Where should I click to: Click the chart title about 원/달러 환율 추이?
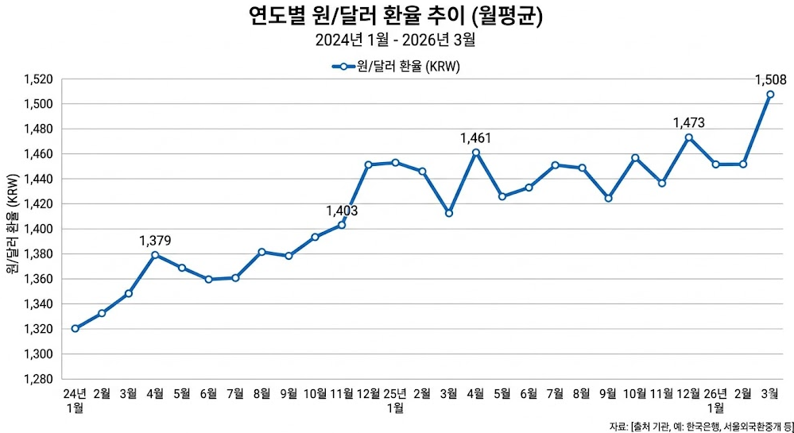coord(396,16)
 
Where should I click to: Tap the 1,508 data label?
coord(769,79)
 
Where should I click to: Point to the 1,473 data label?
coord(688,122)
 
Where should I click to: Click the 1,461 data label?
coord(476,138)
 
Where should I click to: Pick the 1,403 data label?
coord(342,211)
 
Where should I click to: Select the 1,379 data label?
coord(155,240)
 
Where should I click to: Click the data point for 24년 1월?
coord(75,328)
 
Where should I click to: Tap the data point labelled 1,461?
coord(476,153)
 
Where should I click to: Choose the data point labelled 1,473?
coord(688,137)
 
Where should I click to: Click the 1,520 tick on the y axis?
coord(37,79)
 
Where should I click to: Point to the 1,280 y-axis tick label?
coord(37,379)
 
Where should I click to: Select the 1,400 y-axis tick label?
coord(37,229)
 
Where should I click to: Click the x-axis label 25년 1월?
coord(395,400)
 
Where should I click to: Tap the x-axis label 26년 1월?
coord(715,400)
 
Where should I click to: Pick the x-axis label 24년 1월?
coord(75,400)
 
